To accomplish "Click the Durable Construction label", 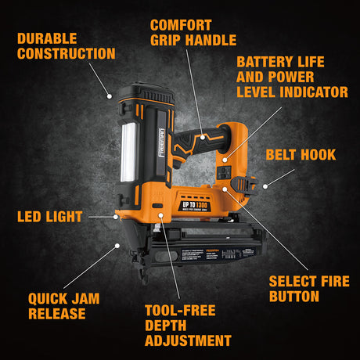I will point(66,45).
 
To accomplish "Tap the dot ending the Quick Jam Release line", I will point(117,245).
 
